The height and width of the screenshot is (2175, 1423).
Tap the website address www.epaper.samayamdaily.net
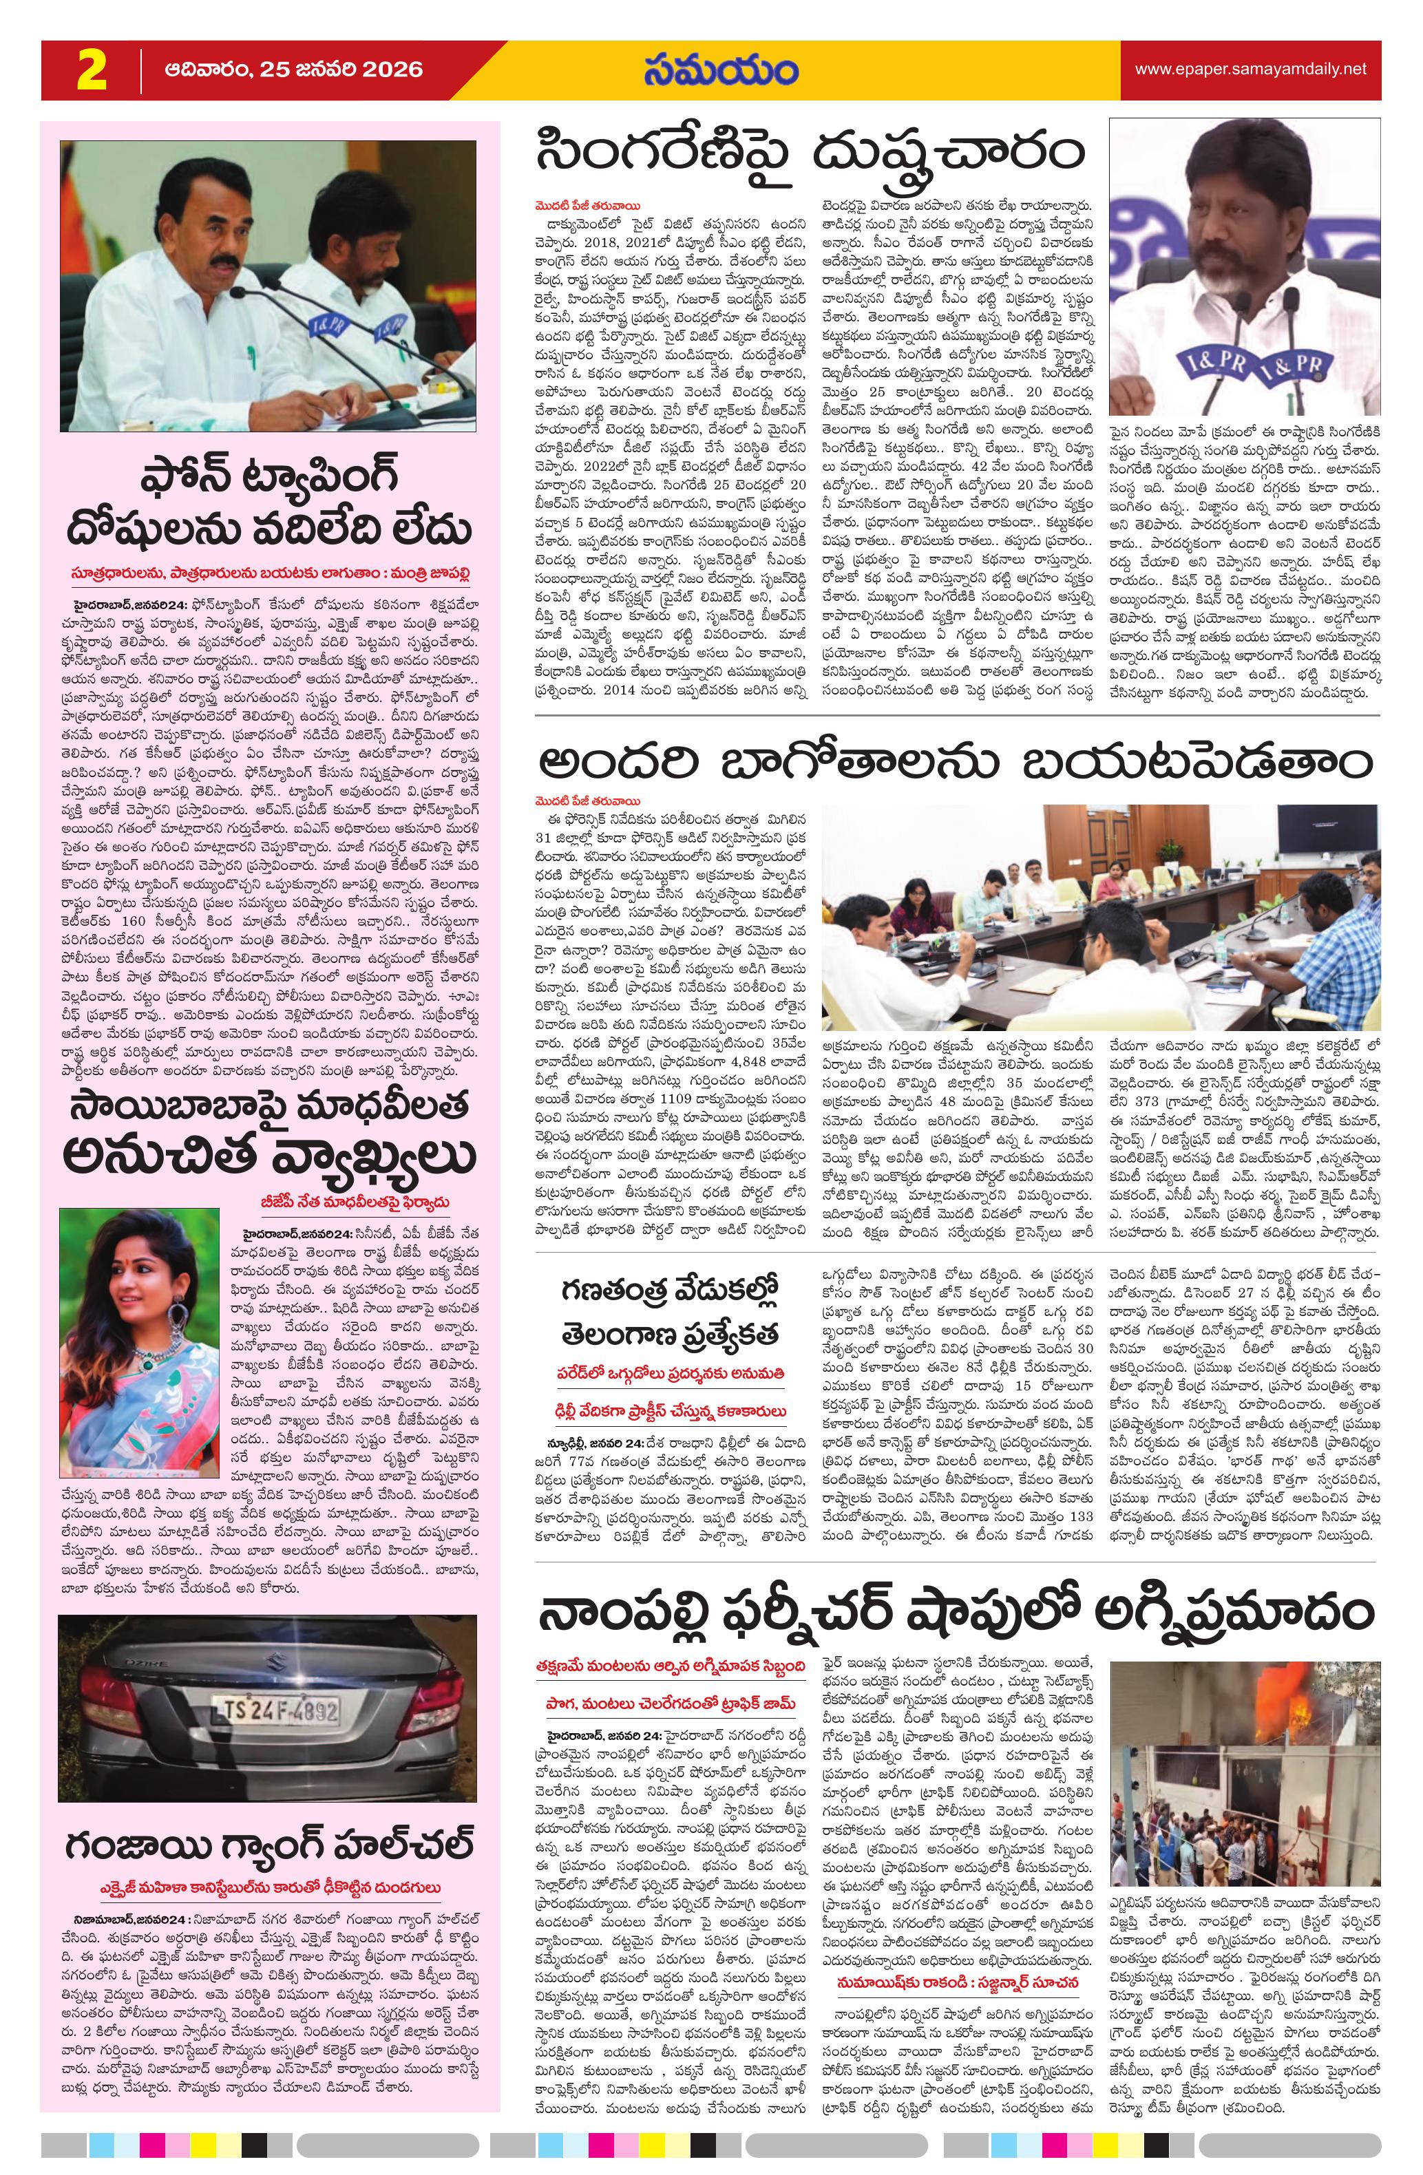pyautogui.click(x=1250, y=70)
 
